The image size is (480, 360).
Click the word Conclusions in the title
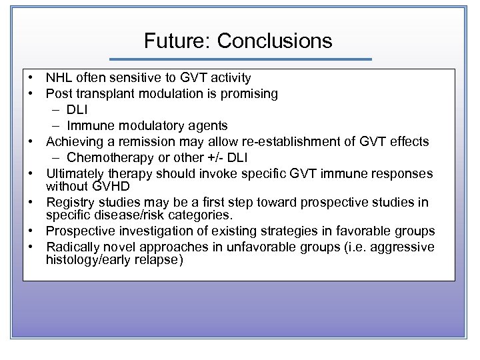pos(274,41)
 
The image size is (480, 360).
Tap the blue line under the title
pos(240,59)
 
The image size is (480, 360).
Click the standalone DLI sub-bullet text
pos(77,110)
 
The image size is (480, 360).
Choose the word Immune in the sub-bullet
pos(89,126)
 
